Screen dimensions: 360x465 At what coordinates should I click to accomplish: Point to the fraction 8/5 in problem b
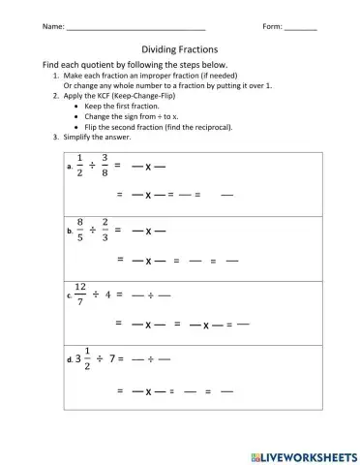point(80,231)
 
